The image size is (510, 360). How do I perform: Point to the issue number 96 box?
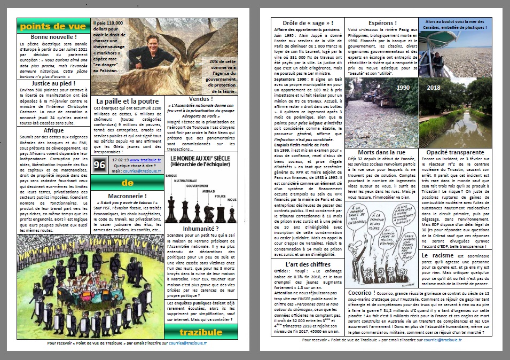click(99, 165)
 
